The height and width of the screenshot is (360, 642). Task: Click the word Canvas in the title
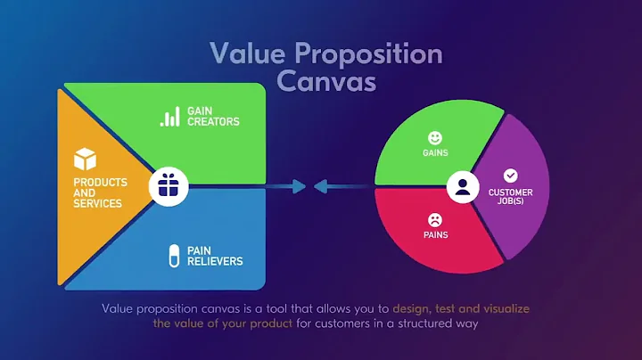point(326,80)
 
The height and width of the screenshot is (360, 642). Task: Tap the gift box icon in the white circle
point(168,186)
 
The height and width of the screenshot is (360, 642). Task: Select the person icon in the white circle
point(461,187)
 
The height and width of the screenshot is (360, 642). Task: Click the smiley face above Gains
point(434,138)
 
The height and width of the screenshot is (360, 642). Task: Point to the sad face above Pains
point(434,219)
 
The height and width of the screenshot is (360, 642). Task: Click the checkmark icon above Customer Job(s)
point(510,176)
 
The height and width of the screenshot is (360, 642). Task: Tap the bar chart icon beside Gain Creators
point(169,117)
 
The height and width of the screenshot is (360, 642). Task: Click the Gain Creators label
point(213,117)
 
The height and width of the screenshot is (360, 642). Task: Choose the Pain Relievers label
point(214,256)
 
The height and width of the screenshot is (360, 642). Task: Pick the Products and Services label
point(100,192)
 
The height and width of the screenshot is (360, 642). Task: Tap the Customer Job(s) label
point(510,197)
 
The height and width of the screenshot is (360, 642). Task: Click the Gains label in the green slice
point(434,153)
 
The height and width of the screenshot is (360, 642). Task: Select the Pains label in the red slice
point(434,235)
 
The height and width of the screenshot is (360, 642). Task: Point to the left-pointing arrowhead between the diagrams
point(319,187)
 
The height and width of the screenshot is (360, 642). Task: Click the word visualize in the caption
point(513,308)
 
